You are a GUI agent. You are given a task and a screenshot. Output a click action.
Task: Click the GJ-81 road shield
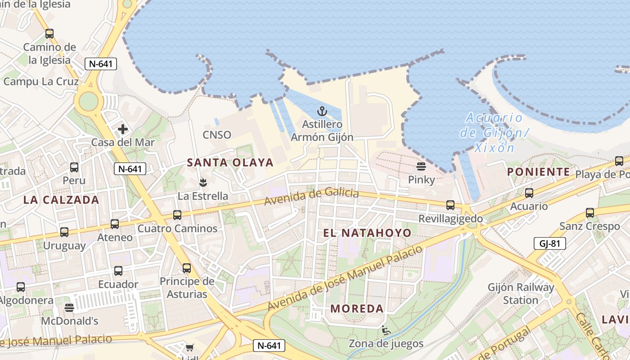tap(549, 243)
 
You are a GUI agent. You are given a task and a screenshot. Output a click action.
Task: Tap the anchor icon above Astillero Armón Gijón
tap(322, 111)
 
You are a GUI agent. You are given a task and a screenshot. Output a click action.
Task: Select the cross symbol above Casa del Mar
tap(122, 129)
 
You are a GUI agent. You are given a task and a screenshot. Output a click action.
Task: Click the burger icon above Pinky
tap(421, 166)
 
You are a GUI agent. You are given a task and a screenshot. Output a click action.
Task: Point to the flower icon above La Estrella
tap(202, 182)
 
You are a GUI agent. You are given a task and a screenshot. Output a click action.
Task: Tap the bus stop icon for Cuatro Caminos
tap(177, 215)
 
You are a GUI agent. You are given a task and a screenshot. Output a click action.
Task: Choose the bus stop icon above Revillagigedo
tap(450, 205)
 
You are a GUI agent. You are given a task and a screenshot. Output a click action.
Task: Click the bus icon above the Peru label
tap(74, 167)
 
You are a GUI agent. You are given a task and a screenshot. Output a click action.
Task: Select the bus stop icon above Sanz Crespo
tap(589, 213)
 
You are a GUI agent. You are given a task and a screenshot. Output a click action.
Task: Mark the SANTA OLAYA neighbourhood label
tap(230, 162)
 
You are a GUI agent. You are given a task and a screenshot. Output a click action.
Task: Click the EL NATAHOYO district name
tap(367, 233)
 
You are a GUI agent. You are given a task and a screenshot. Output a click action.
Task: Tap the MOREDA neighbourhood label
tap(357, 309)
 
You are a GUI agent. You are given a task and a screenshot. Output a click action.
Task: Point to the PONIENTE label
tap(539, 172)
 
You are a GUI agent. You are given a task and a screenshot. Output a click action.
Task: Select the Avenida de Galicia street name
tap(311, 197)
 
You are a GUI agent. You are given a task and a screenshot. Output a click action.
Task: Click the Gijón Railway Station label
tap(521, 293)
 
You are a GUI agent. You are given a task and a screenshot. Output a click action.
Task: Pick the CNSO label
tap(216, 135)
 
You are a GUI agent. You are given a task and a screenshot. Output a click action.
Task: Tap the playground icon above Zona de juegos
tap(386, 331)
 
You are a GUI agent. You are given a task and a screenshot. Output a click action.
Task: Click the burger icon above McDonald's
tap(69, 308)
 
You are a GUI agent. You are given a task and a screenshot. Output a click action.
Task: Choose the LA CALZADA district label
tap(61, 200)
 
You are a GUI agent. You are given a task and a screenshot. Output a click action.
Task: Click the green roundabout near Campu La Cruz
tap(88, 101)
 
